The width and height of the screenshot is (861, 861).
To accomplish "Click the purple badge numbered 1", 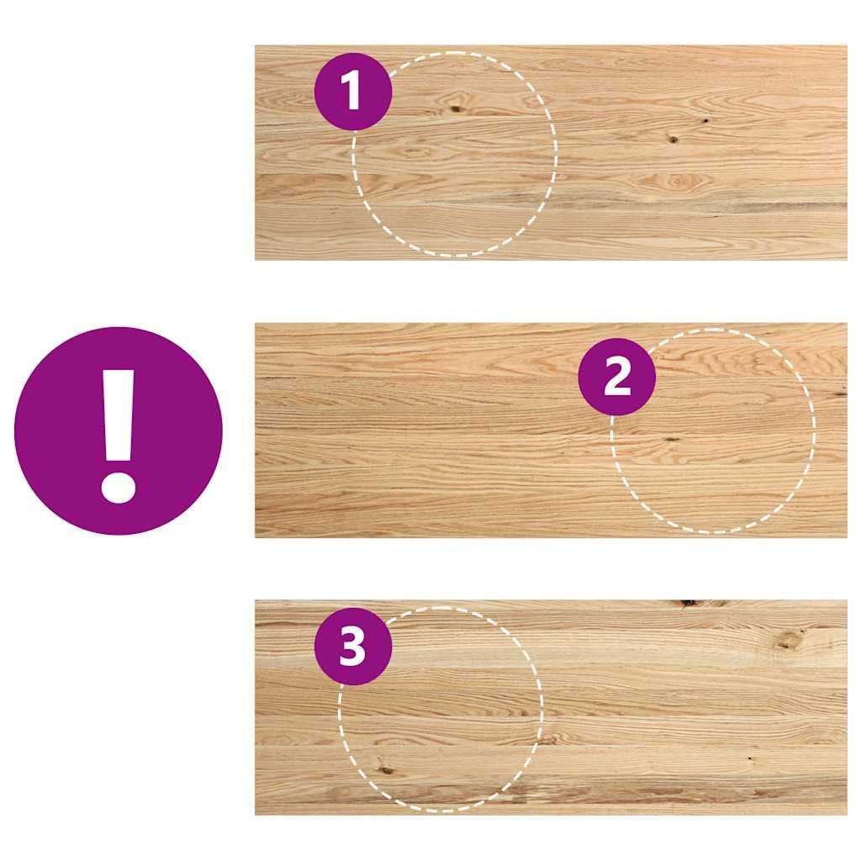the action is click(x=353, y=92).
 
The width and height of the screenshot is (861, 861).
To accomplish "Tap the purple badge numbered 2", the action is click(x=617, y=377).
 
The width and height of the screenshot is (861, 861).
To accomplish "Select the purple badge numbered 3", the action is click(x=353, y=647).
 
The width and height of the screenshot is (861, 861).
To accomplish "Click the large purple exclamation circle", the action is click(x=119, y=431).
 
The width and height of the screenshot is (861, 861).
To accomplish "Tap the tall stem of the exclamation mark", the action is click(x=119, y=415).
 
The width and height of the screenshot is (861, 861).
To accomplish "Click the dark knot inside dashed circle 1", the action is click(x=455, y=108).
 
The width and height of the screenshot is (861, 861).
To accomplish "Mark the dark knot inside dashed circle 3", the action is click(x=386, y=770).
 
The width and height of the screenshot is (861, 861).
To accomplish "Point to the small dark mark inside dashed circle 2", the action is click(x=672, y=440).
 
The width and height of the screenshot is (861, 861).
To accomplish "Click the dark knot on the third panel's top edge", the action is click(x=689, y=604).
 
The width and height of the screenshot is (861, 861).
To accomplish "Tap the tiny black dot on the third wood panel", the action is click(x=750, y=758).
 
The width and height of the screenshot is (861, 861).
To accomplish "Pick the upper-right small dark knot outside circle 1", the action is click(x=705, y=120).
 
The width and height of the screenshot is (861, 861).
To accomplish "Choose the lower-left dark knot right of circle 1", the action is click(x=673, y=139).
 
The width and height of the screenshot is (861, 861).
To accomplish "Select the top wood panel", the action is click(x=551, y=153).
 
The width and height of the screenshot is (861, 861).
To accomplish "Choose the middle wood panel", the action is click(x=551, y=430).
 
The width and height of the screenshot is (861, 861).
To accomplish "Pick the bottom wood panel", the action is click(x=551, y=707).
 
